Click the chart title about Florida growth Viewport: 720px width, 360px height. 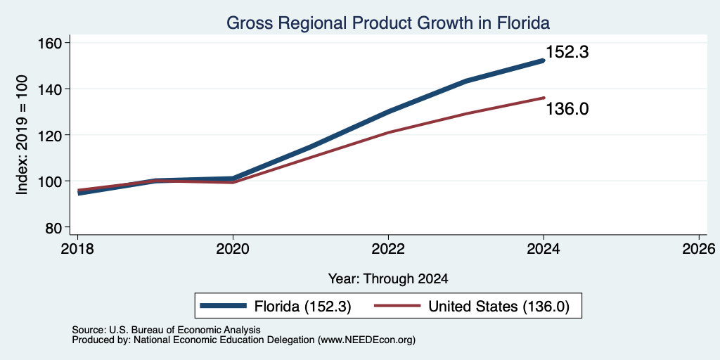(x=388, y=22)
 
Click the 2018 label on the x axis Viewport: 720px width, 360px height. (x=77, y=249)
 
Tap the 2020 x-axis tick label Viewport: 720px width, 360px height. (x=233, y=249)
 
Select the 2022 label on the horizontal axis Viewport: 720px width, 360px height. (x=388, y=249)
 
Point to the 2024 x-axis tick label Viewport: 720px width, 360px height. (x=544, y=249)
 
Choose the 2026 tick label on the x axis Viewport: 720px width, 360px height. (x=699, y=249)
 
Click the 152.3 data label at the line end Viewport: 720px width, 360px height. (x=567, y=52)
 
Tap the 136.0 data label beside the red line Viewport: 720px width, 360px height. (x=567, y=109)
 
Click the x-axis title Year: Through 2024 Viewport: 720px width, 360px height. (x=388, y=278)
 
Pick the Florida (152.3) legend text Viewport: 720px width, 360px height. (x=302, y=307)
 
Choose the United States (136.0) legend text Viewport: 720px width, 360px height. (x=499, y=307)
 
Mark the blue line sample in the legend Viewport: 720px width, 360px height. (x=223, y=306)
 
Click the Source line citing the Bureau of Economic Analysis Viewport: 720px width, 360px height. (x=166, y=330)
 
